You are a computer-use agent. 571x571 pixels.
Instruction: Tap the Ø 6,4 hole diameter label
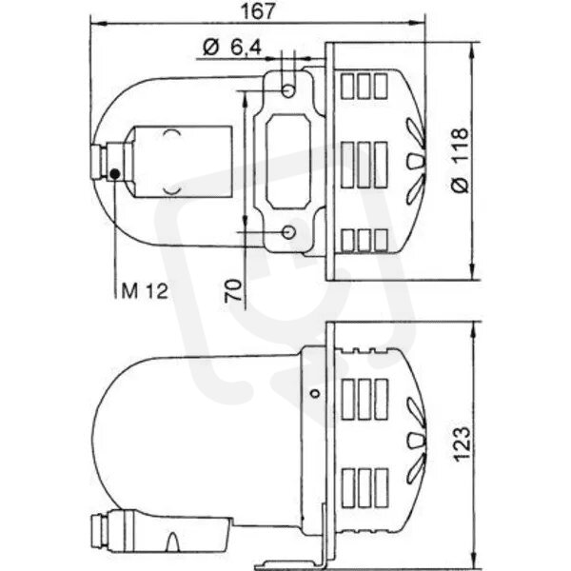tap(232, 47)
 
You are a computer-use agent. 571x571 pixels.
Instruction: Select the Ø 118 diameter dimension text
tap(460, 160)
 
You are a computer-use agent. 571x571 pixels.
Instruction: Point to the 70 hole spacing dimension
tap(233, 290)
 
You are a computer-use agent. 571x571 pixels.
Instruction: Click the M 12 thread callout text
tap(145, 291)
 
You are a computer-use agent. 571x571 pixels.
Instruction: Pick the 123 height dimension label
tap(462, 443)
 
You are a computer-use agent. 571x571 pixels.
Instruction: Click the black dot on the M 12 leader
tap(115, 174)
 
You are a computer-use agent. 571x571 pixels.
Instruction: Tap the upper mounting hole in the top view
tap(288, 90)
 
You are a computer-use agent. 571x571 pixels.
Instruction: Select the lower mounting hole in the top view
tap(289, 231)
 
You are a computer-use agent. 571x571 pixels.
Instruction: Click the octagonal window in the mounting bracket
tap(288, 162)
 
